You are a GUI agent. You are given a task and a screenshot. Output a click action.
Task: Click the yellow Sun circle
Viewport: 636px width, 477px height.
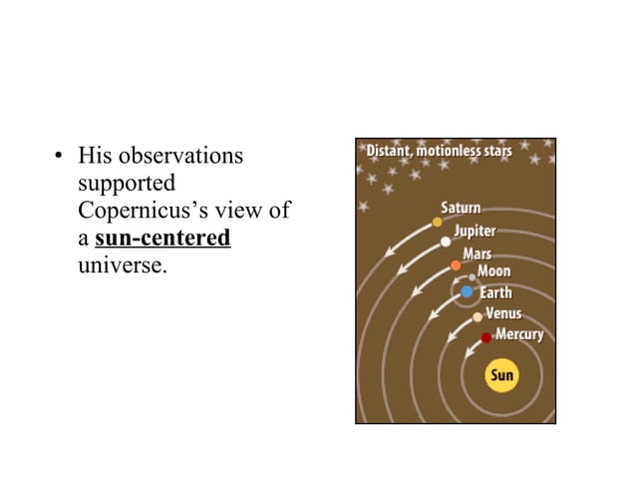coord(501,376)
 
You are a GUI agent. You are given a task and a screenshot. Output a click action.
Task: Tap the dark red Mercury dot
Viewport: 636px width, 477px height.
coord(486,338)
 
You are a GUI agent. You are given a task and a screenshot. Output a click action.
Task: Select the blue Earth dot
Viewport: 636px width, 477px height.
coord(467,292)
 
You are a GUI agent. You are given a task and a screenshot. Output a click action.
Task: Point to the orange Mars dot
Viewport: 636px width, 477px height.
coord(456,265)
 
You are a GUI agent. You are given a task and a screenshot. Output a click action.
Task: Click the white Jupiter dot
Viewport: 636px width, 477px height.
coord(446,241)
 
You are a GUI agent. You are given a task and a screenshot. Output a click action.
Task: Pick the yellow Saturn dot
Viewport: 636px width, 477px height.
coord(437,222)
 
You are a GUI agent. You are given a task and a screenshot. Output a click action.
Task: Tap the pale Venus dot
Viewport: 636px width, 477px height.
coord(477,316)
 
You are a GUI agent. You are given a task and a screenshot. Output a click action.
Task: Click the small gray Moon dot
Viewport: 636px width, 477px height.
coord(473,277)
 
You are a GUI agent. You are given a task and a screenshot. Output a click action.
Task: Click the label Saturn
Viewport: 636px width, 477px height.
coord(462,209)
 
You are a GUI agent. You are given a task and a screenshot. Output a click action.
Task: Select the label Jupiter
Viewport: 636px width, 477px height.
coord(476,230)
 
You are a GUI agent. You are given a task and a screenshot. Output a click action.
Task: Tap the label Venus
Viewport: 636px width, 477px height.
coord(504,314)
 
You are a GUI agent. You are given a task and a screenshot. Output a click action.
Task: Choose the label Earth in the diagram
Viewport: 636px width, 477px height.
coord(496,293)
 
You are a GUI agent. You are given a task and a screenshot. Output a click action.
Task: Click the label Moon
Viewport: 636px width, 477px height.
coord(494,271)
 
